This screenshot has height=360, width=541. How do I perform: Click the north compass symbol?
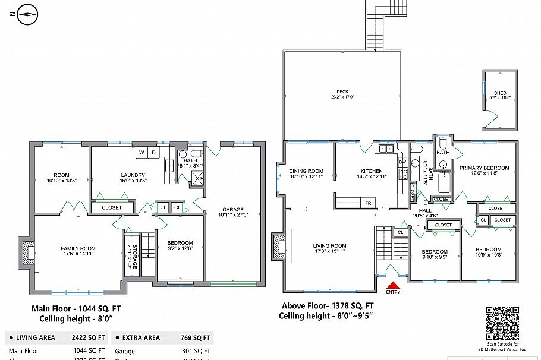click(27, 15)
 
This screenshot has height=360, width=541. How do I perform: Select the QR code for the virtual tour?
click(502, 323)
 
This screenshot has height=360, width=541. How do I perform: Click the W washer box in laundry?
click(141, 153)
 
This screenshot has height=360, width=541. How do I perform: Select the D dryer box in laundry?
click(153, 153)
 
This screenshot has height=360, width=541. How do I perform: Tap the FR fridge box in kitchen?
click(367, 203)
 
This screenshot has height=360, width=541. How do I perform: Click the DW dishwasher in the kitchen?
click(402, 162)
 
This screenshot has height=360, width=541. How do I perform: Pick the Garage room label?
click(233, 209)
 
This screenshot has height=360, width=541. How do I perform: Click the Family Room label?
click(78, 248)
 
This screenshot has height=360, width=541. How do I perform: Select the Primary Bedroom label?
click(484, 168)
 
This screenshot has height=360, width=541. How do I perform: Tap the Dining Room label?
click(306, 171)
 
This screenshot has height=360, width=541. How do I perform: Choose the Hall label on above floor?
click(425, 210)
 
